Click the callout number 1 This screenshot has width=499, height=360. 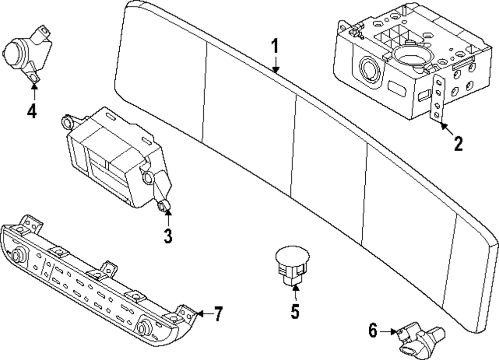(x=274, y=46)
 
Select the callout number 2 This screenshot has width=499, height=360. (x=458, y=144)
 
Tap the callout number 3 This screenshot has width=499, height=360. (x=168, y=236)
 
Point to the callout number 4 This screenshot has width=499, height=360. (x=32, y=111)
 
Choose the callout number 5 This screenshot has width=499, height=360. (x=295, y=311)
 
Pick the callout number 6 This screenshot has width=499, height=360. (x=373, y=330)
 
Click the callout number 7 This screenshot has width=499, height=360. (x=218, y=314)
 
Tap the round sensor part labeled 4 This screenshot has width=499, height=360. (x=26, y=54)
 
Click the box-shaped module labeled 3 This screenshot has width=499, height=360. (x=118, y=159)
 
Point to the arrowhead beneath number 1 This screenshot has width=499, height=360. (x=275, y=69)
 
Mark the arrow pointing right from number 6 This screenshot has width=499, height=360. (x=388, y=332)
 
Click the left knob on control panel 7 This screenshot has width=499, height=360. (x=16, y=255)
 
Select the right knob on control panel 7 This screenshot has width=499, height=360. (x=143, y=326)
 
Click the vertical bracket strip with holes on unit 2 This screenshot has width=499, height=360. (x=438, y=99)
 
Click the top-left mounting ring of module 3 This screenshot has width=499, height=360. (x=67, y=122)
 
